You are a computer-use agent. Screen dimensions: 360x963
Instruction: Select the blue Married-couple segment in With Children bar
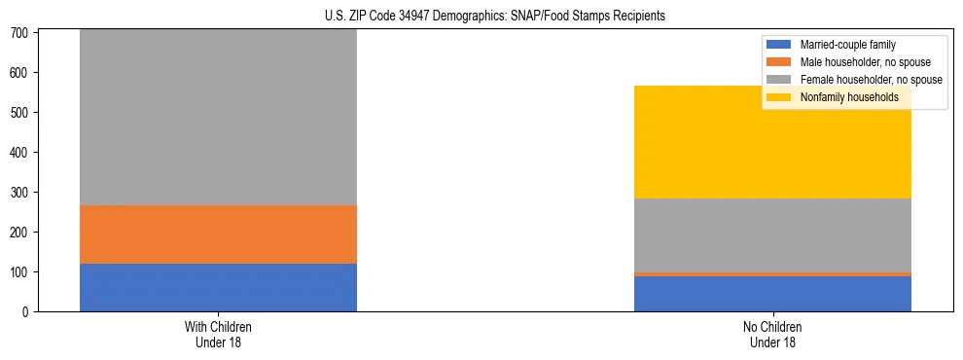[218, 287]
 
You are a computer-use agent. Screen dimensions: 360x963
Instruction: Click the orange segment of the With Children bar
[218, 234]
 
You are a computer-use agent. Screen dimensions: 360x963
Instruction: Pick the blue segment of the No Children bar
[772, 294]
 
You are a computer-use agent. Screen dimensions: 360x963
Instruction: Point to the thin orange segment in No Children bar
[772, 274]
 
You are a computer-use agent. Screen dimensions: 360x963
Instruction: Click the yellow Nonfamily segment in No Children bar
[772, 142]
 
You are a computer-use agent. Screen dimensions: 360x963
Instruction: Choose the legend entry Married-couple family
[847, 45]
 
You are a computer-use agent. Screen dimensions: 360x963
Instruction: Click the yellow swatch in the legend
[779, 97]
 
